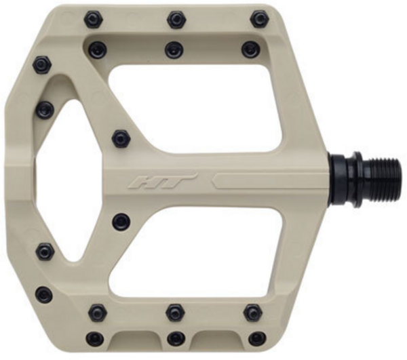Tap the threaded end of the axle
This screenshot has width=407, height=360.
pos(384,181)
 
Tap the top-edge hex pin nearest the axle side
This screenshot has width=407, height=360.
pos(260,19)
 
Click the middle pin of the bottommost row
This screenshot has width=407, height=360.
pos(176,338)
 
